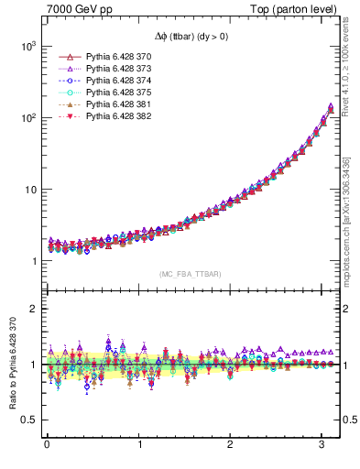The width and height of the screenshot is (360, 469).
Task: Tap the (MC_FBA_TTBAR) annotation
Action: click(190, 274)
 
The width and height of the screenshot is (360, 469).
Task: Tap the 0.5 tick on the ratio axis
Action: click(28, 420)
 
